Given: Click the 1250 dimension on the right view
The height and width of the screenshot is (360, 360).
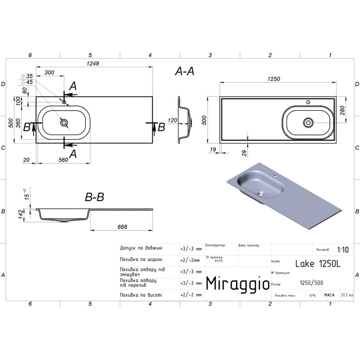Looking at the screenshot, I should (x=274, y=78).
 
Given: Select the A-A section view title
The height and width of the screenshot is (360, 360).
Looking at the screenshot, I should (x=185, y=73).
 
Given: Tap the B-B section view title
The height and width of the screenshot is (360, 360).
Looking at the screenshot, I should (x=95, y=197).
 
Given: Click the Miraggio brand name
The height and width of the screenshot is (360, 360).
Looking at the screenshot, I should (x=236, y=283).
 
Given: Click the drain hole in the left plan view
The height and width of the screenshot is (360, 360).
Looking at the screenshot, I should (x=64, y=123).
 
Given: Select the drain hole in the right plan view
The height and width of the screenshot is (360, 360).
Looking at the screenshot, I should (x=308, y=122).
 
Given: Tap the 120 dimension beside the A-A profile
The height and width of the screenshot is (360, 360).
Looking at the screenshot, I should (x=172, y=121).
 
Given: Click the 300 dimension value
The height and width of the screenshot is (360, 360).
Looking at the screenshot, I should (x=50, y=72).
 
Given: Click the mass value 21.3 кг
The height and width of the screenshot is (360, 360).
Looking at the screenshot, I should (x=347, y=295).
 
